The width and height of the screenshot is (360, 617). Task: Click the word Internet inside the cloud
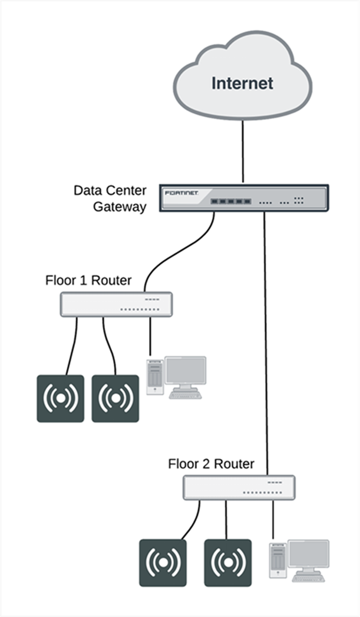click(242, 83)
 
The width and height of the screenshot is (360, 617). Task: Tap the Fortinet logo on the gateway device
click(182, 193)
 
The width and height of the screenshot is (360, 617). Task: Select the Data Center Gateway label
click(110, 199)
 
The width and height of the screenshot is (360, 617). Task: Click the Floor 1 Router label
click(88, 280)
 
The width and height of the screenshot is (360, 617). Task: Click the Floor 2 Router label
click(211, 464)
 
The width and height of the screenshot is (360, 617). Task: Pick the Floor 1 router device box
click(116, 304)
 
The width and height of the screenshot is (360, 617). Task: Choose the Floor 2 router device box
click(239, 487)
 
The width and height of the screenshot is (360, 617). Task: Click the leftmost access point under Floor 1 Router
click(61, 398)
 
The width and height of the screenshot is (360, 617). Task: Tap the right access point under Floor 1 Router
click(115, 398)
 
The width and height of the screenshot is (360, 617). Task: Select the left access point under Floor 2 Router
click(163, 563)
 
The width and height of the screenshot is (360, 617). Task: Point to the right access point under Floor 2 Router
click(227, 563)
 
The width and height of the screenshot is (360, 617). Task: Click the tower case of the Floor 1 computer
click(154, 377)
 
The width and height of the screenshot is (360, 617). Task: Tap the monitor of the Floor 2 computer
click(309, 555)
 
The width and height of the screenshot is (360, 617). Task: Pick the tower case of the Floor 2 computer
click(278, 560)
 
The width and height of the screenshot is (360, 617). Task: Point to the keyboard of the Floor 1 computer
click(185, 395)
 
